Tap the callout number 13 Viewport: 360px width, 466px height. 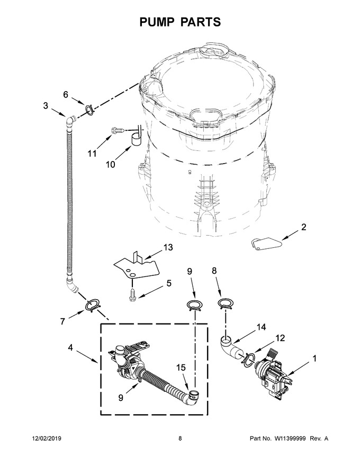(x=168, y=247)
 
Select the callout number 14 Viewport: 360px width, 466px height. (x=261, y=327)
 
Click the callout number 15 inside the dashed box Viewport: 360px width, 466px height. (x=181, y=368)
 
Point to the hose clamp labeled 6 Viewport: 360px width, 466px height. (x=89, y=109)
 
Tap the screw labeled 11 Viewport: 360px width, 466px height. (x=118, y=130)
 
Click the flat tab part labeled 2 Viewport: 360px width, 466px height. (x=265, y=243)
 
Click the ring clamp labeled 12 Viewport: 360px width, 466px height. (x=248, y=358)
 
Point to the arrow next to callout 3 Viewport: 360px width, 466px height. (x=58, y=113)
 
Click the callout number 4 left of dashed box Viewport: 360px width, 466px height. (x=70, y=347)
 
